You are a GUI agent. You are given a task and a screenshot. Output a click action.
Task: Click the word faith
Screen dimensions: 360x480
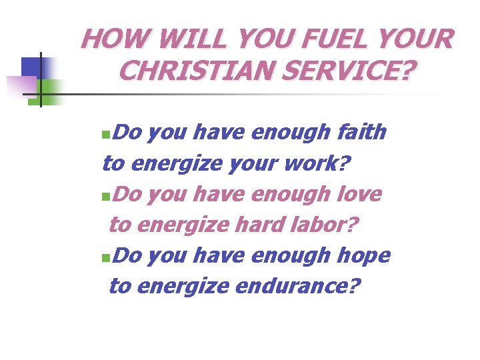click(362, 133)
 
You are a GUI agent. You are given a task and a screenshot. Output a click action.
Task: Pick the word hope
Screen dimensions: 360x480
click(363, 255)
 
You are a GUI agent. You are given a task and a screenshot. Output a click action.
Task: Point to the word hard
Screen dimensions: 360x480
click(257, 225)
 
